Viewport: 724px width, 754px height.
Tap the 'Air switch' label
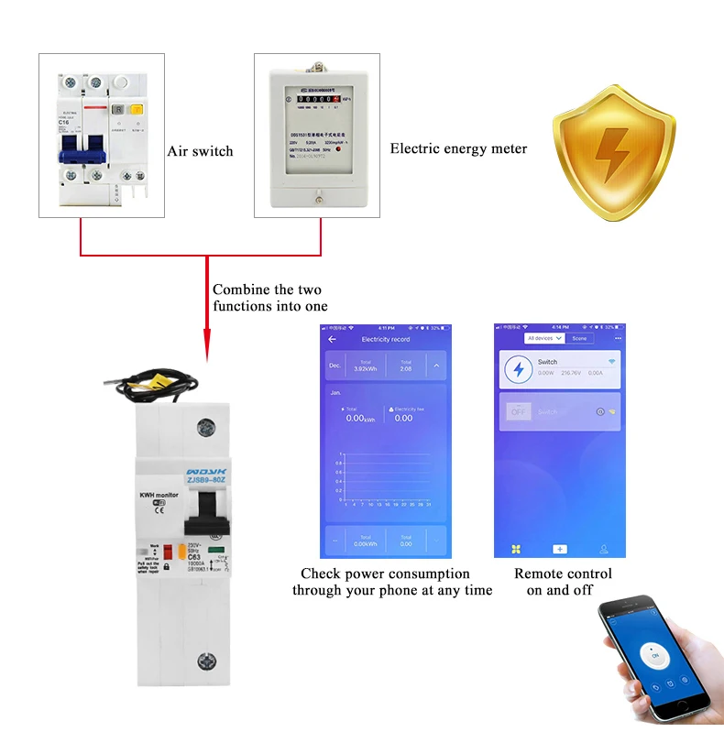click(x=200, y=151)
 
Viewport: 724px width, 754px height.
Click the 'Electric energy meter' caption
click(x=458, y=148)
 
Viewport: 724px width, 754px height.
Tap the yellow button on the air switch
click(x=137, y=110)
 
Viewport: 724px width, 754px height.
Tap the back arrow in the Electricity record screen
click(x=332, y=339)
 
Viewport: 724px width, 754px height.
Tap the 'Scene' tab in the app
click(x=579, y=338)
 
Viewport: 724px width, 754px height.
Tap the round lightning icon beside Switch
click(x=520, y=368)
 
